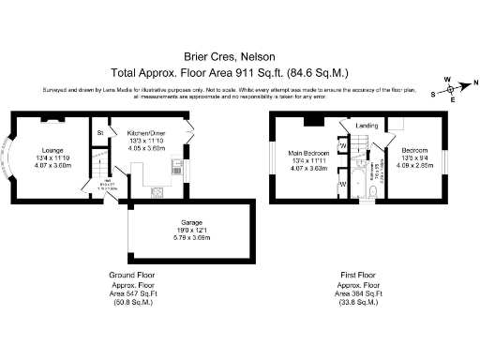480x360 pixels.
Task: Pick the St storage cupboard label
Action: tap(100, 134)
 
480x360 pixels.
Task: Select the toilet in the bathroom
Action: tap(372, 191)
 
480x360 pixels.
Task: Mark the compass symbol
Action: tap(452, 90)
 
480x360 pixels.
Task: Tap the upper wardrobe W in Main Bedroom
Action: tap(343, 146)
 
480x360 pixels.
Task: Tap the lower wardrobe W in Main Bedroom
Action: tap(343, 184)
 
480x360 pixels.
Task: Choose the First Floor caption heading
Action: tap(359, 275)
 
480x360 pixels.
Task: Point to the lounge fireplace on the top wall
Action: tap(53, 120)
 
